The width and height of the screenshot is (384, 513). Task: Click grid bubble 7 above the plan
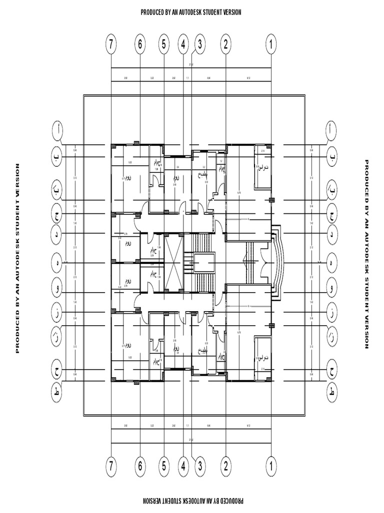(x=111, y=45)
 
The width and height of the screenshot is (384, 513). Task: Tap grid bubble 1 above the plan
(x=271, y=45)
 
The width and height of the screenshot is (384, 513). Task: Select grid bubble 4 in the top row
(x=183, y=45)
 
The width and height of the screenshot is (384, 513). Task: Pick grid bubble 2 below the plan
(x=226, y=466)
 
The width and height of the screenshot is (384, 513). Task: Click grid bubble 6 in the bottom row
(x=140, y=466)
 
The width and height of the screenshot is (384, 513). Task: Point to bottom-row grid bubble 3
(x=199, y=466)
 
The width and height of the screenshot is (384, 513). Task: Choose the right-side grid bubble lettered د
(x=331, y=234)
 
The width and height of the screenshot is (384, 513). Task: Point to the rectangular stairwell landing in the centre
(x=204, y=263)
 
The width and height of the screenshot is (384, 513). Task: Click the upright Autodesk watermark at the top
(x=191, y=12)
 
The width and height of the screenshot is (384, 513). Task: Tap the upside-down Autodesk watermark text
(x=191, y=500)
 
